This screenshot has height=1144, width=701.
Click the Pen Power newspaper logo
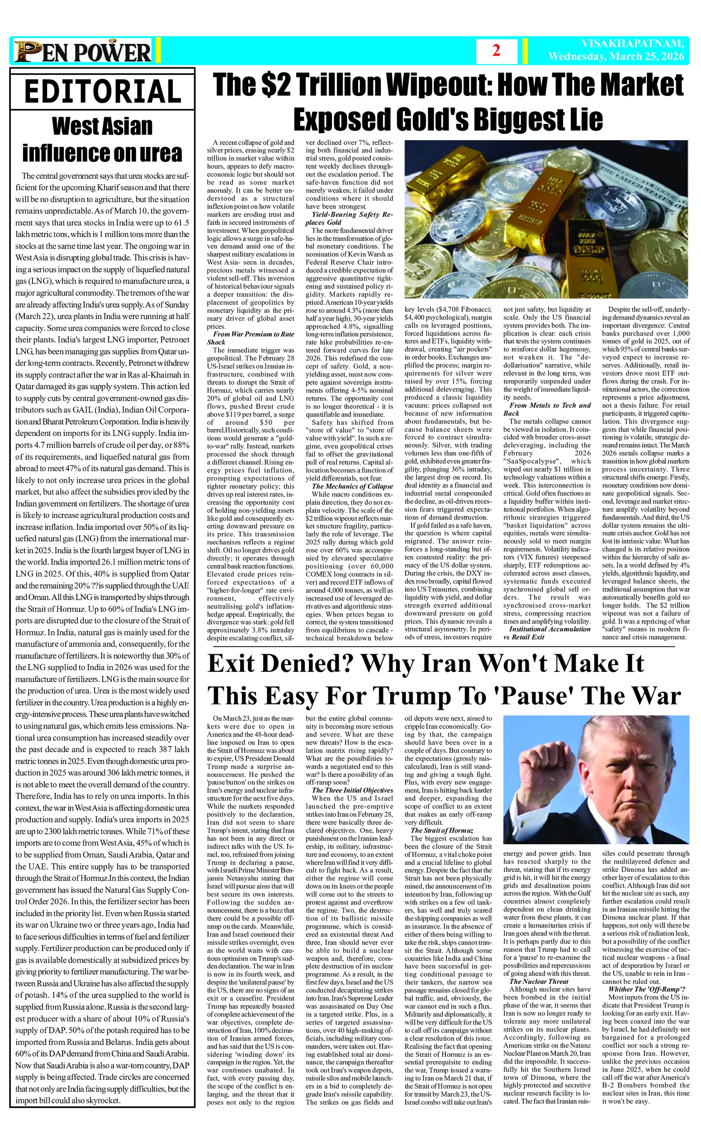83,52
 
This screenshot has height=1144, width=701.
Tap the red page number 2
496,51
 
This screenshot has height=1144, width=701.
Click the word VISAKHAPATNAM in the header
632,44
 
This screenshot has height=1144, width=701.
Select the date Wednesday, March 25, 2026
616,57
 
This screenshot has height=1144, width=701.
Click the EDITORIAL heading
102,91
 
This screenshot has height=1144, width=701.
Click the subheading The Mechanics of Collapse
352,486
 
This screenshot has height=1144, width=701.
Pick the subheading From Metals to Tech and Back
547,409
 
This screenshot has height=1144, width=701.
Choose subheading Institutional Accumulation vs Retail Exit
547,633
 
